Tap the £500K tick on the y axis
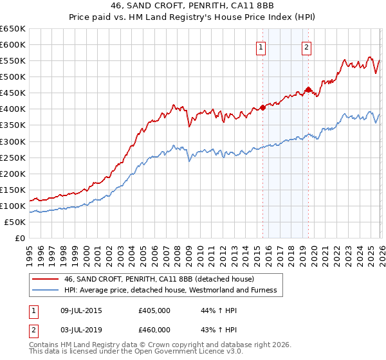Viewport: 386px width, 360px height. [x=13, y=77]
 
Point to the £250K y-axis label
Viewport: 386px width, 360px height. [x=13, y=157]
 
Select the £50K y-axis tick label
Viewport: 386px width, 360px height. [x=15, y=222]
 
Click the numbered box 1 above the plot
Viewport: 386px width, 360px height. [x=261, y=47]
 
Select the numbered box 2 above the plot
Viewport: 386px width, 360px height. [x=306, y=47]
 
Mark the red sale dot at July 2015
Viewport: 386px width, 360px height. [x=262, y=107]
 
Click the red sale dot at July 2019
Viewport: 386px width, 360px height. [x=308, y=90]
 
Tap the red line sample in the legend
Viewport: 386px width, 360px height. [x=46, y=279]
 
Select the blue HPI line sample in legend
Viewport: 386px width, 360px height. [x=46, y=290]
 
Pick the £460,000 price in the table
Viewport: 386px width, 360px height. [x=154, y=330]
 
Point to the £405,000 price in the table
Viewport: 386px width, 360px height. [x=154, y=310]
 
